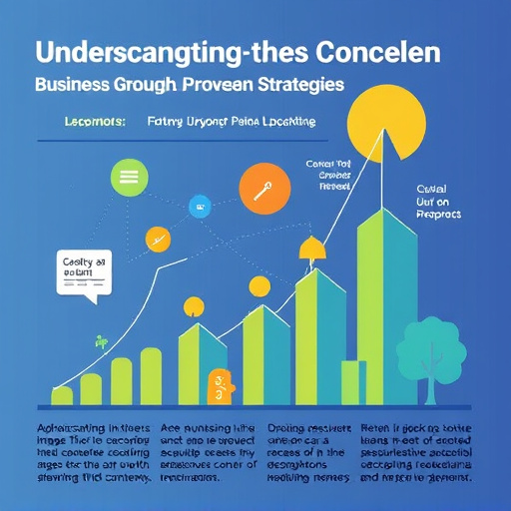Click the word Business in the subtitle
tap(75, 86)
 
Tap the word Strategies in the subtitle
tap(294, 86)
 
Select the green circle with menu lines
tap(128, 177)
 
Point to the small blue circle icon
tap(200, 207)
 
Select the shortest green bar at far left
tap(62, 396)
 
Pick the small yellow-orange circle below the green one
tap(158, 240)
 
